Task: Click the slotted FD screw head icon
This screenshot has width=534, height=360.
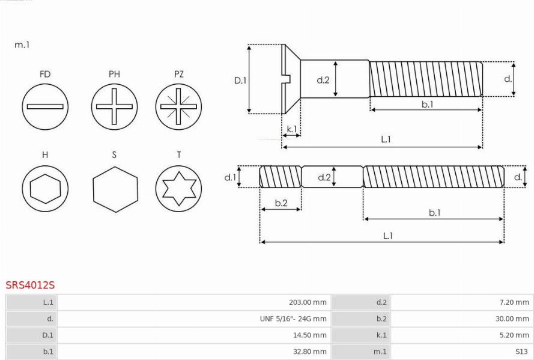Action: (x=45, y=106)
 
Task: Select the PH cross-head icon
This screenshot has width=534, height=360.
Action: (x=114, y=106)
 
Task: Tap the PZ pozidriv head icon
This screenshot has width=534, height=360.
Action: (x=178, y=106)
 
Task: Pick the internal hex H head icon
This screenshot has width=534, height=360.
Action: (x=45, y=189)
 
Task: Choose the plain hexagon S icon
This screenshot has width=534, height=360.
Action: (x=115, y=189)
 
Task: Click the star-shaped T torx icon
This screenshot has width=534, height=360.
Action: (x=178, y=189)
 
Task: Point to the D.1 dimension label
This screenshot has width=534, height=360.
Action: (x=240, y=81)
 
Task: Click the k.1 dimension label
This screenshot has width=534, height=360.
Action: (x=292, y=129)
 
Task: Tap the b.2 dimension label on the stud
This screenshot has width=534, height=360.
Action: (x=281, y=203)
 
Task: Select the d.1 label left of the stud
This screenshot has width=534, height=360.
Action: (x=230, y=177)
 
